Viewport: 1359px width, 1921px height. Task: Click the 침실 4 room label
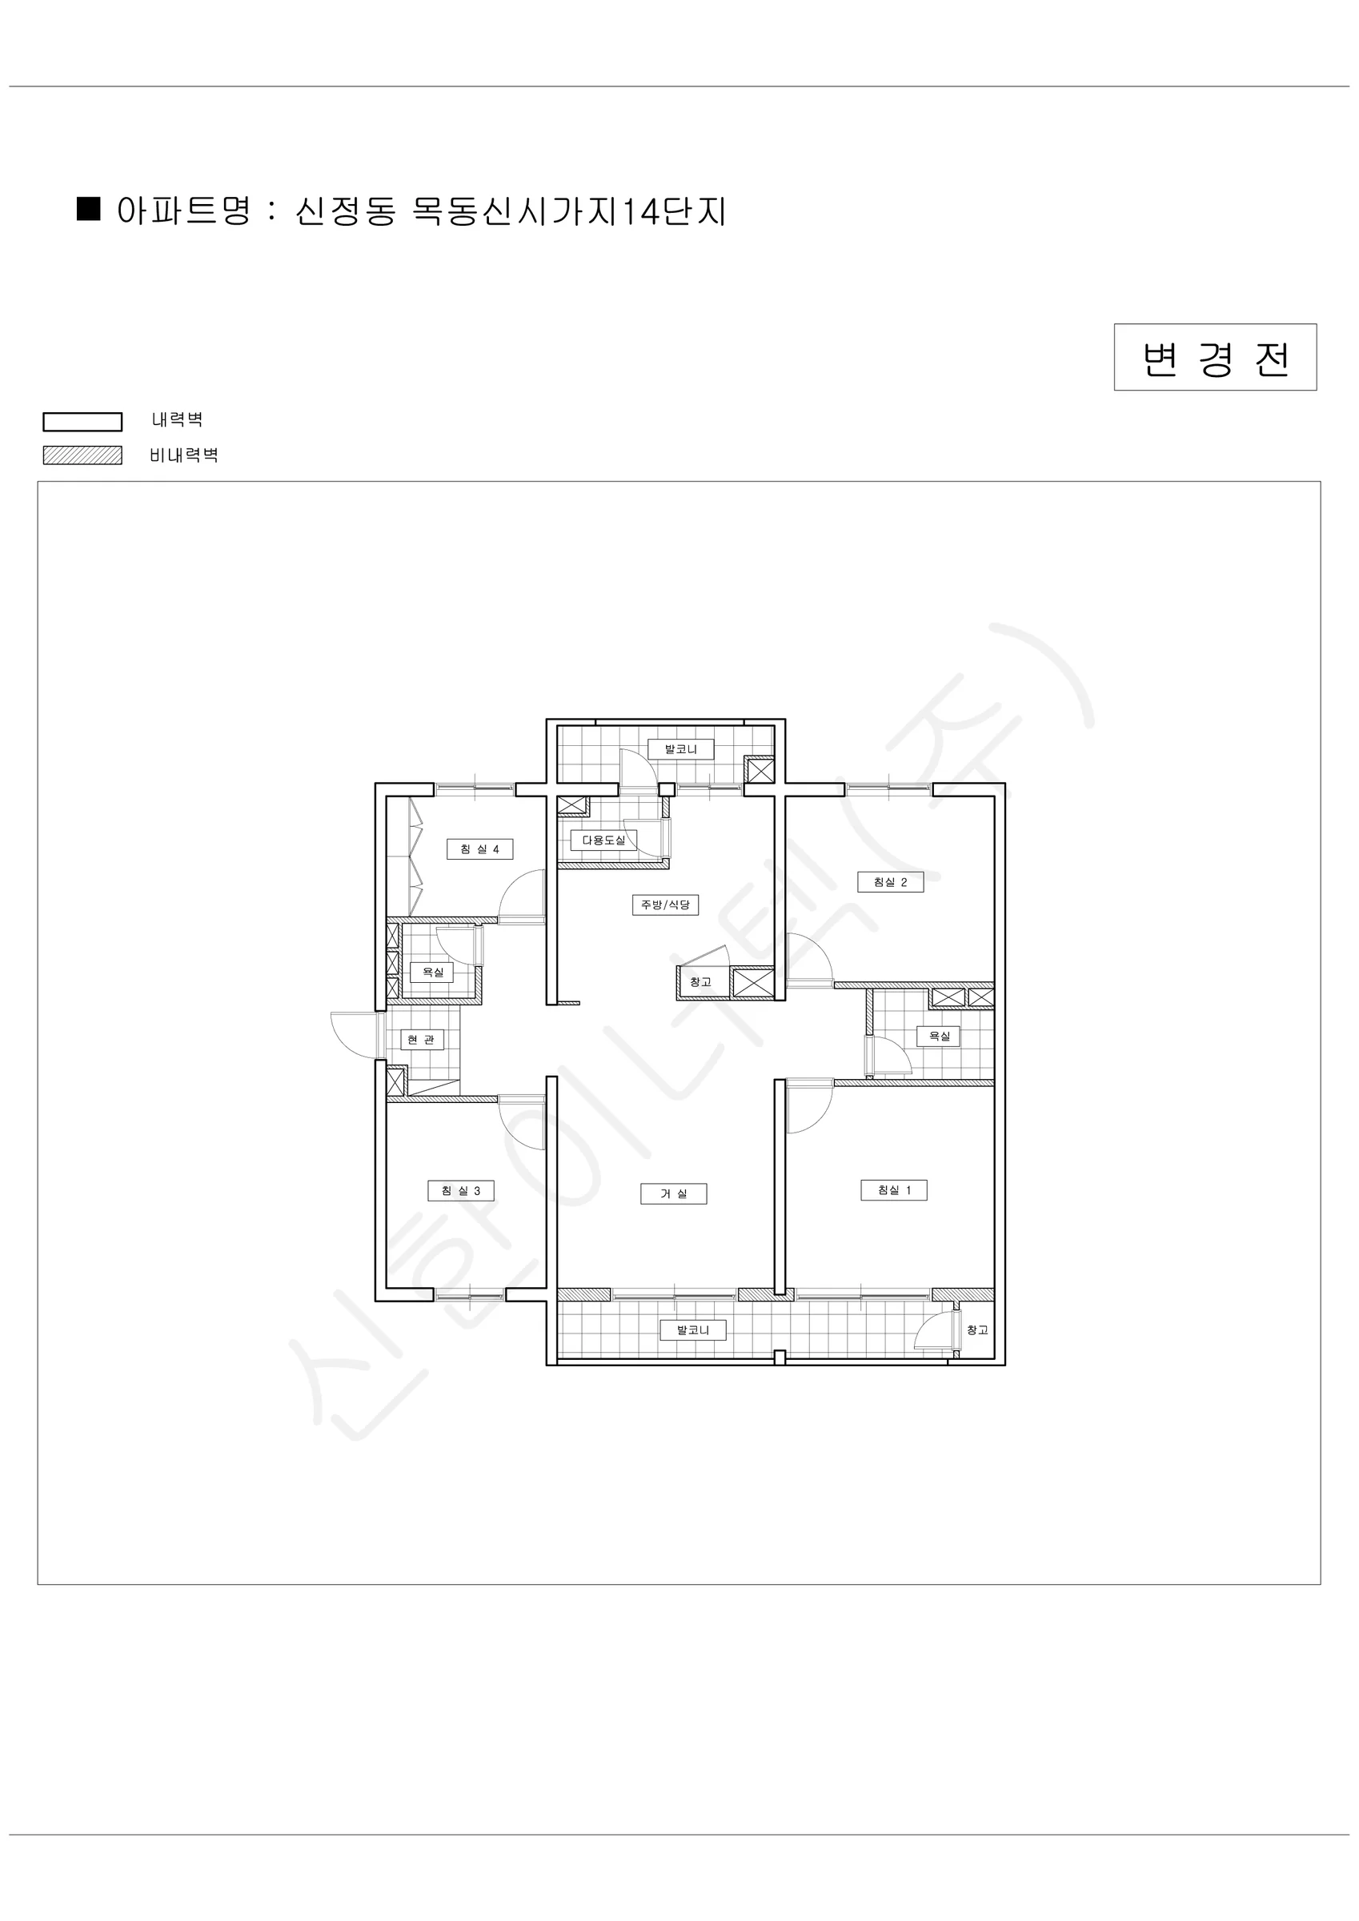(479, 849)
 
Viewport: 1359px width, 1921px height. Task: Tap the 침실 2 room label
(890, 882)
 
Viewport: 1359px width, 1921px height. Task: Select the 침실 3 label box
(461, 1190)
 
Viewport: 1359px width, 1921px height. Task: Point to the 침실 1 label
(894, 1189)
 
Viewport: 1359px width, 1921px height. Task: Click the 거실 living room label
(674, 1193)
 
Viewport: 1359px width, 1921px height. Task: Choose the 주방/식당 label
(665, 904)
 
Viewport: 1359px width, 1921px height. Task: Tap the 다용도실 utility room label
(603, 840)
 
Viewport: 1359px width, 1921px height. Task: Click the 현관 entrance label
(421, 1040)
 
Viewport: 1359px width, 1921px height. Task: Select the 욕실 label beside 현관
(432, 973)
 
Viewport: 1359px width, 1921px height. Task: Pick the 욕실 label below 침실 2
(939, 1036)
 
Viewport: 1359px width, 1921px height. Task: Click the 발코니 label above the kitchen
(681, 749)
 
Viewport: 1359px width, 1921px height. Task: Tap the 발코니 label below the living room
(693, 1329)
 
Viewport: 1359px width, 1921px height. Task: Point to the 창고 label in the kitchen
(701, 982)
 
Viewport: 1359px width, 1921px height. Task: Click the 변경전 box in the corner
(1215, 357)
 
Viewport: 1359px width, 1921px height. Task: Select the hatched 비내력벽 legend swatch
(83, 455)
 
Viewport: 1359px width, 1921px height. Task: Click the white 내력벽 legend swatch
(83, 422)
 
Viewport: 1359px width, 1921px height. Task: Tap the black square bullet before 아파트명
(89, 208)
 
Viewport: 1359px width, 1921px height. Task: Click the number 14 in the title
(639, 211)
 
